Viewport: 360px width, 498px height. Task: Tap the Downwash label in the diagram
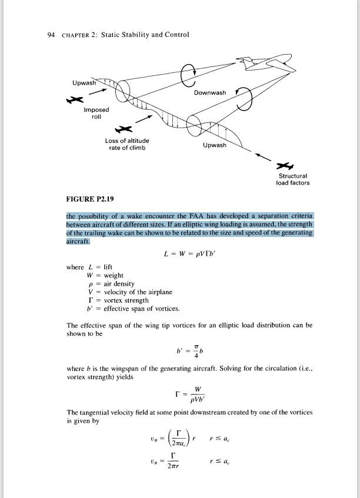[209, 93]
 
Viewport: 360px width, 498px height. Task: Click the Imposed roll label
[96, 113]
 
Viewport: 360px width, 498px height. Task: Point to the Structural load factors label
[292, 179]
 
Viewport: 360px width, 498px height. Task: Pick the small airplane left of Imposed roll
[74, 101]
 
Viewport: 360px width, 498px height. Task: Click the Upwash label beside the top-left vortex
[84, 83]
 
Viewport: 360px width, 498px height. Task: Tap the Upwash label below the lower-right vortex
[214, 145]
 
